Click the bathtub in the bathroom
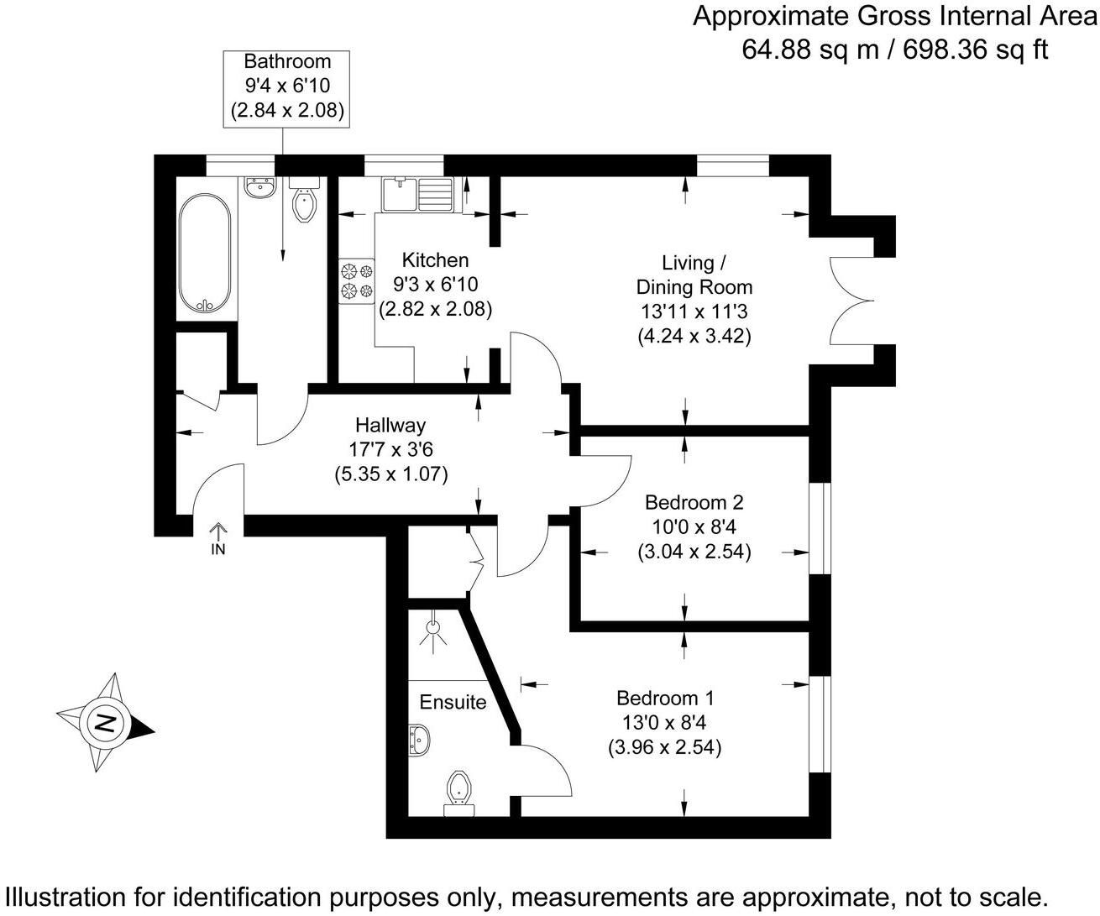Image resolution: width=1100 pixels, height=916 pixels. point(204,254)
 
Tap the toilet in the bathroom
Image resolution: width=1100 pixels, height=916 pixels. point(304,202)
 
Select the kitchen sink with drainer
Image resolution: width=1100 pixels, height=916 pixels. point(417,195)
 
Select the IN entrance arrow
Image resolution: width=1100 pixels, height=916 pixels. point(217,538)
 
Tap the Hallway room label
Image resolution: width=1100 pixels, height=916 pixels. point(390,425)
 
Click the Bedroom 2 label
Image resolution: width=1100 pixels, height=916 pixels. point(694,502)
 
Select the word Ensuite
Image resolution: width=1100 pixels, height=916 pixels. point(453,702)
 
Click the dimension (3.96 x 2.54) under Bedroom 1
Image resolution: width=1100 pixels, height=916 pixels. point(664,746)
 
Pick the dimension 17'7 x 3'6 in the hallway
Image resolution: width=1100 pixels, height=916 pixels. point(390,449)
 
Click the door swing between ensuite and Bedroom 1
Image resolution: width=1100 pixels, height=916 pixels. point(544,772)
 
